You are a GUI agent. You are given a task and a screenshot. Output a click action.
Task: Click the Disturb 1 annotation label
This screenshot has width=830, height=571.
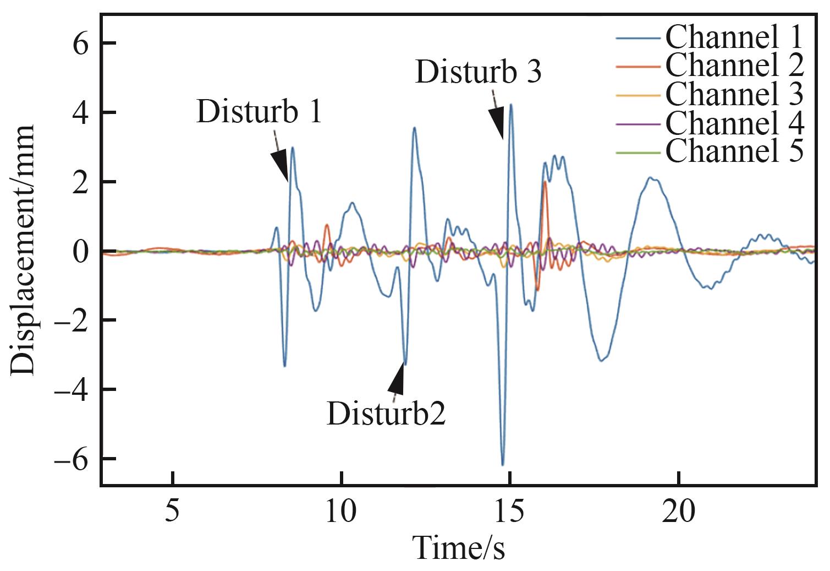click(x=259, y=112)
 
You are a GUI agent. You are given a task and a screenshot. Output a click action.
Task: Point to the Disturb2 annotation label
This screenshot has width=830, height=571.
click(x=386, y=414)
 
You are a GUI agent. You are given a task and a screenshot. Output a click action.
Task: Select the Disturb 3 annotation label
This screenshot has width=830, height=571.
click(x=479, y=72)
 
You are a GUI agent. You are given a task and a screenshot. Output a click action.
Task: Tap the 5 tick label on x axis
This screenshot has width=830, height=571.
click(x=173, y=513)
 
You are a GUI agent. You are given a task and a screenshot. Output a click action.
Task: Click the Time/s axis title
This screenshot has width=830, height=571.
click(x=458, y=548)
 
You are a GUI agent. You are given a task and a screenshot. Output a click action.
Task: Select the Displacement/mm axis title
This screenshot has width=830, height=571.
click(x=23, y=251)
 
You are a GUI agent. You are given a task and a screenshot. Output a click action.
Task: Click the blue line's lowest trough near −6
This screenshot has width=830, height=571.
click(x=503, y=464)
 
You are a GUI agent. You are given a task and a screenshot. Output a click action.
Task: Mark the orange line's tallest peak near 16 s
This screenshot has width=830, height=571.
click(x=545, y=182)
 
